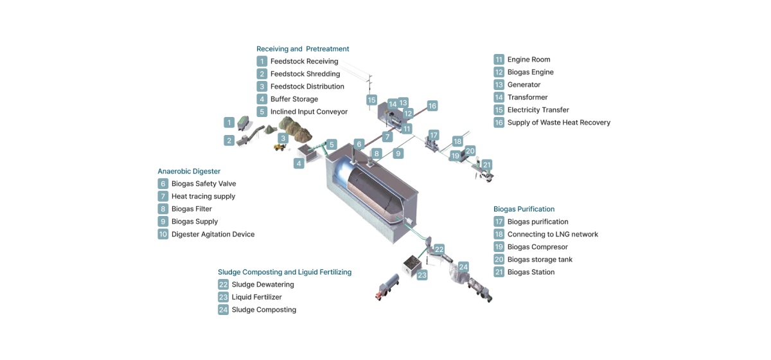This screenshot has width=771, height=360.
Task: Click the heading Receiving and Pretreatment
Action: [x=303, y=49]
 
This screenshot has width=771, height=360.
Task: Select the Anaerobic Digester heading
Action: [x=189, y=171]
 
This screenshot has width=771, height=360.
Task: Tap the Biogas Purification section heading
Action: [x=524, y=209]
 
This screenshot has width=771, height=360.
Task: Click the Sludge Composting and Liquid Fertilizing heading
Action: [x=285, y=272]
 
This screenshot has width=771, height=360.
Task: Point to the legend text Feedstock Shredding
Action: [x=305, y=74]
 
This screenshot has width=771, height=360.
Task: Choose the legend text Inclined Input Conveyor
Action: [x=309, y=112]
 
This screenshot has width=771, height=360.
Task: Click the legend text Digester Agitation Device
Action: [x=213, y=234]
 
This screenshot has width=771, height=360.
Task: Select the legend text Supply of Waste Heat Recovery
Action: [x=558, y=122]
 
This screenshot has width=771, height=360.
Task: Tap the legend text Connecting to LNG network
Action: [x=553, y=234]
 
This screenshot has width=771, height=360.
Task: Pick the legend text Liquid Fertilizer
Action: [x=257, y=297]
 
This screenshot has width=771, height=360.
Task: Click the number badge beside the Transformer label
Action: [x=499, y=97]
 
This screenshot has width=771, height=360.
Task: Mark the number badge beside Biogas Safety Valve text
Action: [x=163, y=184]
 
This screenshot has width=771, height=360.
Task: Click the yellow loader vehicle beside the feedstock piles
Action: [x=279, y=147]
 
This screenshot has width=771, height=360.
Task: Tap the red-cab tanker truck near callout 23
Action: [x=387, y=287]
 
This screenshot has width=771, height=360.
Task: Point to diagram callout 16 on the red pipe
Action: [x=432, y=106]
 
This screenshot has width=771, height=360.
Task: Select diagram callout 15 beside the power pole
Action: [x=371, y=100]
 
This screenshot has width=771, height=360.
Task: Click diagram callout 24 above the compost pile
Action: [x=463, y=267]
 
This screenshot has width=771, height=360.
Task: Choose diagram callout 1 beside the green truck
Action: [x=229, y=122]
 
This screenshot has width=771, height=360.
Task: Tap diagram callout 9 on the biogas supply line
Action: [x=398, y=153]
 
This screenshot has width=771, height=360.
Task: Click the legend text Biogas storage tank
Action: [x=540, y=260]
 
